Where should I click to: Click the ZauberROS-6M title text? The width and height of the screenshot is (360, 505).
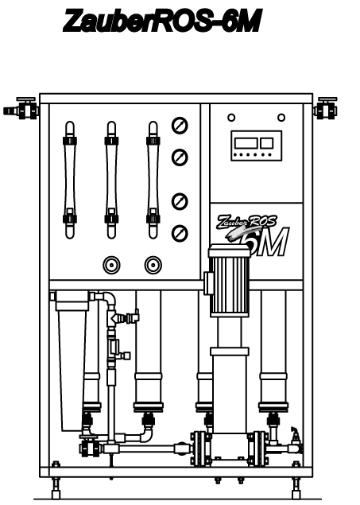[x=162, y=21]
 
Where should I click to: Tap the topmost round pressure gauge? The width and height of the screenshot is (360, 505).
[x=180, y=126]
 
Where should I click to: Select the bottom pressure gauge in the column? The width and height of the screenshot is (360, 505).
[x=180, y=234]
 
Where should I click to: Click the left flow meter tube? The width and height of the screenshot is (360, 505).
[x=70, y=180]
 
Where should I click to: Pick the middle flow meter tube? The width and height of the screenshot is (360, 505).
[x=111, y=180]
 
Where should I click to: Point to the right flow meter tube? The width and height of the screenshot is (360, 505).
[x=153, y=180]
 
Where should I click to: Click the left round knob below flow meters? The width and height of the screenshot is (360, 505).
[x=111, y=265]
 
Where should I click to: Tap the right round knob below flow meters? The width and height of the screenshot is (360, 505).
[x=153, y=265]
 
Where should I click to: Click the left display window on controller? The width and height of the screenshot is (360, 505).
[x=246, y=143]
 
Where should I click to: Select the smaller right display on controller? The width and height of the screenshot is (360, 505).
[x=267, y=143]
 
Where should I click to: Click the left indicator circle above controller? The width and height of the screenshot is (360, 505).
[x=231, y=118]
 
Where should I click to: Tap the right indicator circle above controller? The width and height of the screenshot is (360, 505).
[x=281, y=118]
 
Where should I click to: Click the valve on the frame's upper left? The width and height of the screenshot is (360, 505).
[x=21, y=109]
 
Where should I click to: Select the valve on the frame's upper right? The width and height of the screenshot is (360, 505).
[x=325, y=108]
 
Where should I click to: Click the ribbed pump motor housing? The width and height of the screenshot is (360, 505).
[x=230, y=280]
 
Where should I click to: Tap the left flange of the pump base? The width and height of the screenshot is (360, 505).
[x=198, y=449]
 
